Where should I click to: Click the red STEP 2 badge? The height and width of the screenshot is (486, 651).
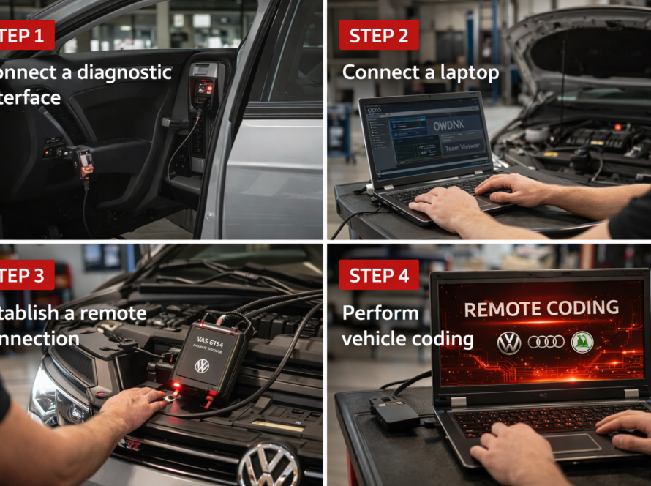click(x=378, y=35)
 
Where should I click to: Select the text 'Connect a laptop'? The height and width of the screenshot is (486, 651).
click(x=421, y=72)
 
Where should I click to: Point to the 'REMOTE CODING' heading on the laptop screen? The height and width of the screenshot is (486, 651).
click(x=541, y=308)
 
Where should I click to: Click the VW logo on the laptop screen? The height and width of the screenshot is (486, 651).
click(x=508, y=342)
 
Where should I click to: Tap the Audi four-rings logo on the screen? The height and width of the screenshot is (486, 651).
click(x=546, y=342)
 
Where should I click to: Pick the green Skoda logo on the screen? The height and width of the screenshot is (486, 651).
click(x=582, y=342)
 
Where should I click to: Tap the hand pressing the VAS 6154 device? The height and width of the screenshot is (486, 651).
click(x=135, y=403)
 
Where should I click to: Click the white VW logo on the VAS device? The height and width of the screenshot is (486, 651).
click(x=202, y=365)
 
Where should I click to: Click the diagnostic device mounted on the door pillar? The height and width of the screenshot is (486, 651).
click(x=202, y=84)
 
